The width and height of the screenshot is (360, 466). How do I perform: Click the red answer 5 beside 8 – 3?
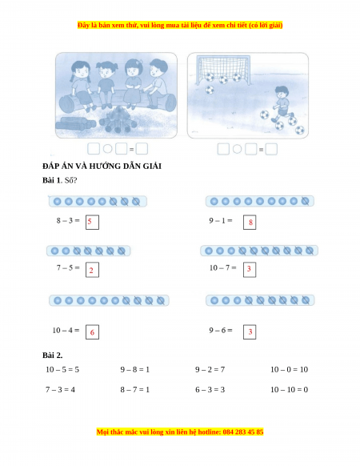[90, 222]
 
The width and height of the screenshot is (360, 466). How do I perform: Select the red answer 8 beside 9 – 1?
[250, 222]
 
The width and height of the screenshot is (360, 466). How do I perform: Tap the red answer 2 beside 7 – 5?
[91, 270]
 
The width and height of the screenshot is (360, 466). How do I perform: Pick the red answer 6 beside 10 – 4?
[92, 332]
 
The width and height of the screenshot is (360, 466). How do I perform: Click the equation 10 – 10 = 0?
[289, 389]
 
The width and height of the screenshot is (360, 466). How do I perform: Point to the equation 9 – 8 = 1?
[135, 369]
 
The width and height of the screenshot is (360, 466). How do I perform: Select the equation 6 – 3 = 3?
[210, 389]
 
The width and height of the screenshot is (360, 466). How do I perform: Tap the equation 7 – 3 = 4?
[60, 389]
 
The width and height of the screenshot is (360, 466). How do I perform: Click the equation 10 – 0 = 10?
[289, 369]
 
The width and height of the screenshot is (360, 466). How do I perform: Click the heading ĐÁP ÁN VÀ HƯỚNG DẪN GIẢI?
[102, 166]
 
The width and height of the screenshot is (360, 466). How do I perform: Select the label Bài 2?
[52, 356]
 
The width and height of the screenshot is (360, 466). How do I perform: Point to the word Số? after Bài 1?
[70, 180]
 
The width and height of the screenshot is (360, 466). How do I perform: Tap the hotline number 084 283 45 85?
[243, 432]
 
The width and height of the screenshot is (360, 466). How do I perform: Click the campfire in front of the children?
[118, 120]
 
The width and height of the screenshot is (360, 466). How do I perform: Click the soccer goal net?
[224, 68]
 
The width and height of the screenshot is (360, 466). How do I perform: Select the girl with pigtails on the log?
[81, 86]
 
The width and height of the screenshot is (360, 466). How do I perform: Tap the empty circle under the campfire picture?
[107, 149]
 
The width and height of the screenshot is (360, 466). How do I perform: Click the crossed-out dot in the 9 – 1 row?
[305, 201]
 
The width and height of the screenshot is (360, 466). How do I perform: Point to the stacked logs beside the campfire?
[75, 123]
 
